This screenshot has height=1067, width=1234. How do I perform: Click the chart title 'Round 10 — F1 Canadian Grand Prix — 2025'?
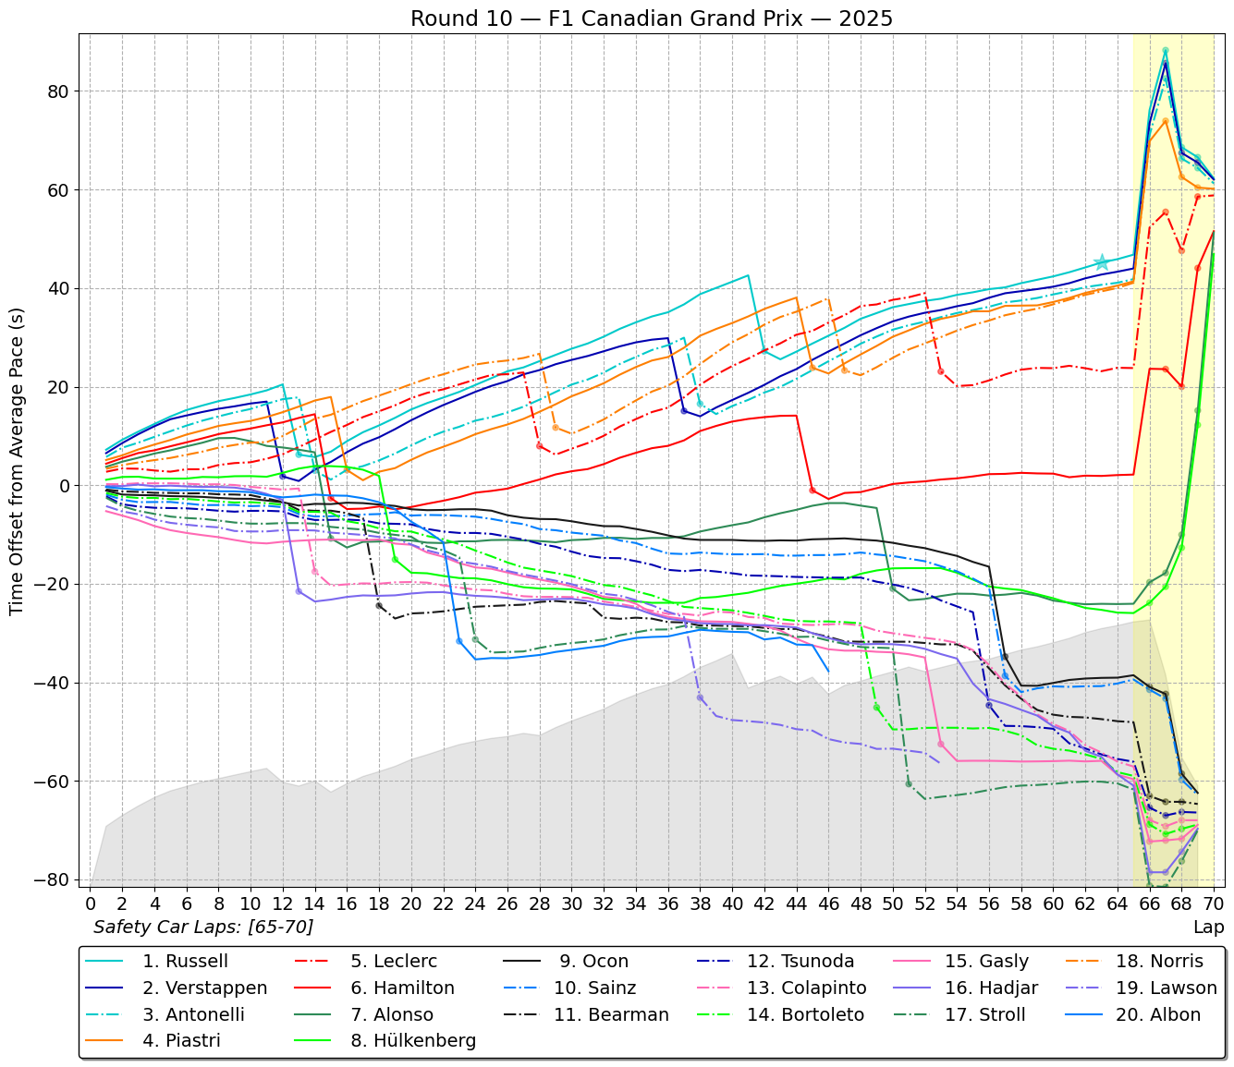click(652, 18)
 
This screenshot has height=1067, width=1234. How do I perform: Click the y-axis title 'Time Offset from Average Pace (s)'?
click(17, 462)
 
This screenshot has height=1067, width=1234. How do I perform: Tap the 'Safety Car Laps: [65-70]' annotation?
click(203, 927)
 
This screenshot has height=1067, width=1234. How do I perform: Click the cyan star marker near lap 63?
click(1101, 263)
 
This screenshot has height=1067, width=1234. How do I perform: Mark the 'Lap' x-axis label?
click(1208, 927)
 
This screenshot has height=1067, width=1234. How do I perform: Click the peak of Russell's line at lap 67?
click(1165, 51)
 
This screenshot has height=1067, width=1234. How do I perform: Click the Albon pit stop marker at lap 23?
click(459, 641)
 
